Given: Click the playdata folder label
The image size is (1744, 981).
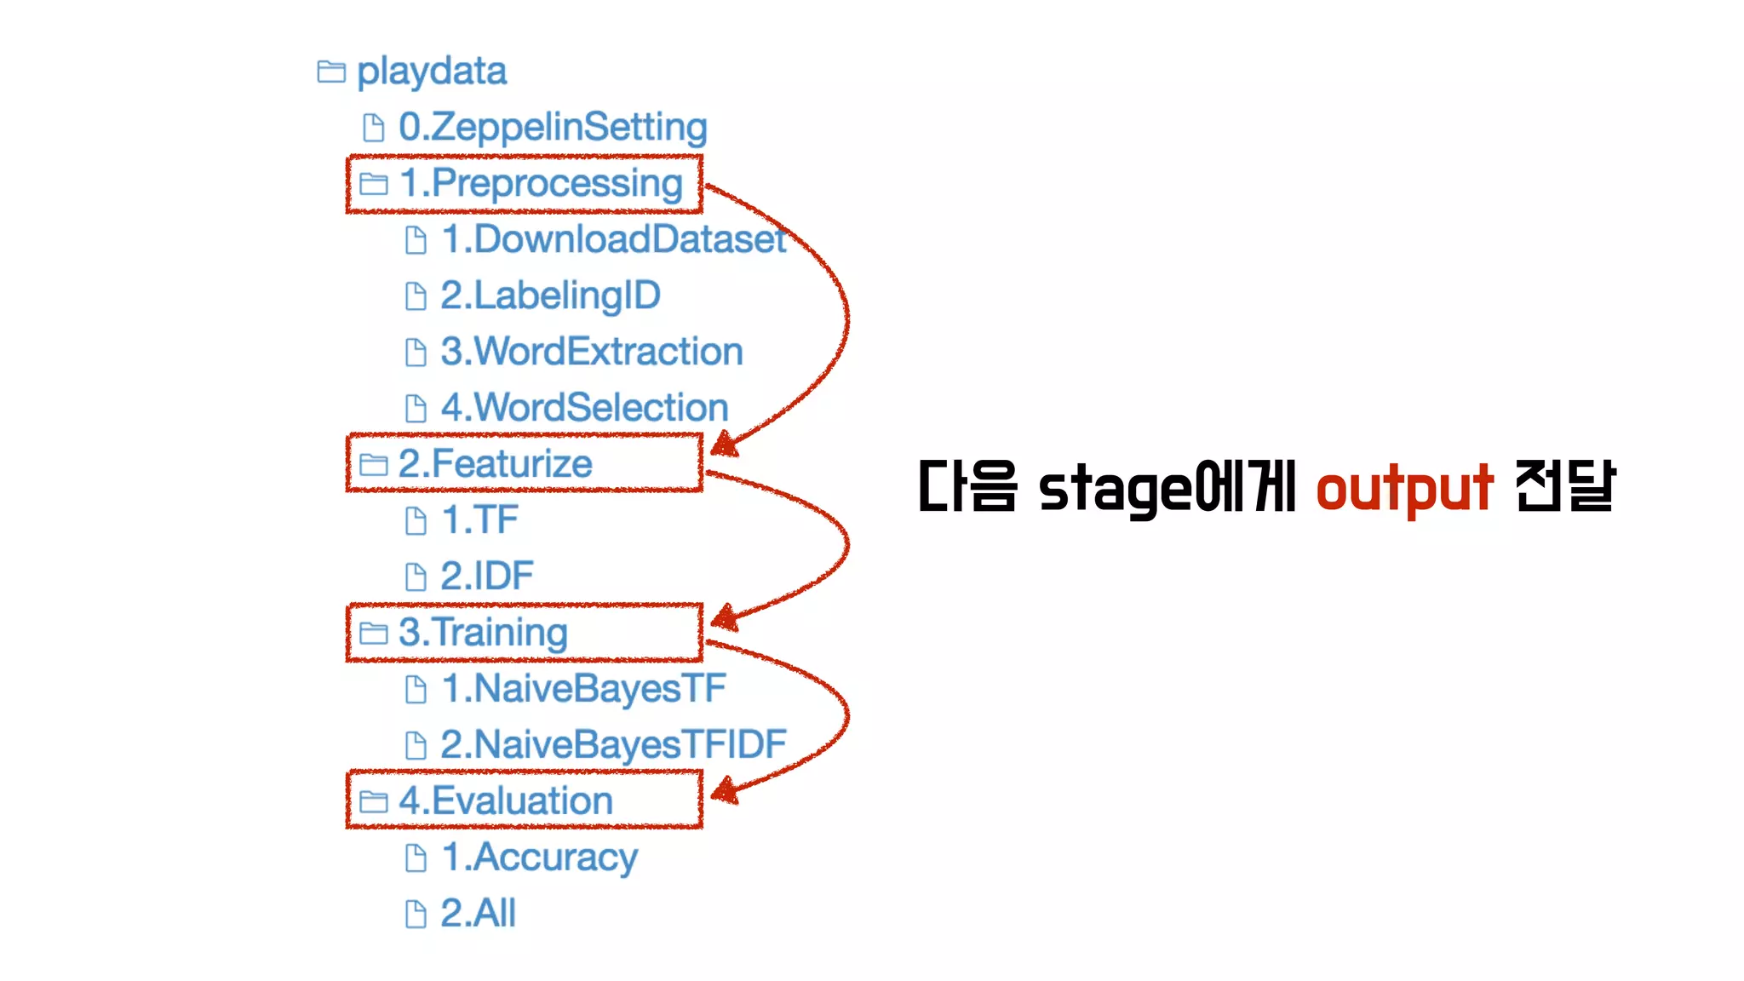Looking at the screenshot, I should [x=432, y=72].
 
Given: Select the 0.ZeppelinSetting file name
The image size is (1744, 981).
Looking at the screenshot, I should [x=553, y=128].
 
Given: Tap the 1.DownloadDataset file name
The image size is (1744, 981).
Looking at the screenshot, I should [x=613, y=239].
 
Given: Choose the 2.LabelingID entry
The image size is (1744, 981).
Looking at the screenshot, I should [x=550, y=295].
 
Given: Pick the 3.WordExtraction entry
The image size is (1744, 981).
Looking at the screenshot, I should [x=592, y=352].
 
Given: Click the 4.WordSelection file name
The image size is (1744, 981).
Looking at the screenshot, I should [x=584, y=408].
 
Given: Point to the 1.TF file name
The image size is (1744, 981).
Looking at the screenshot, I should [x=479, y=519].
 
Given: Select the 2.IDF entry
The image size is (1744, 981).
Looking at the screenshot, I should [x=487, y=576].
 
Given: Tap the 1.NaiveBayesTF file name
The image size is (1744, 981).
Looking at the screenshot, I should [x=583, y=688].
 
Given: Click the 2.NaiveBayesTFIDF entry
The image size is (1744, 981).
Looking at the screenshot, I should [x=613, y=744].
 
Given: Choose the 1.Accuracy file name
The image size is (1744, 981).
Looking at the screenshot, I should [x=539, y=857].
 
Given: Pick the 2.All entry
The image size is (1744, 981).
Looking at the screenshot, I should [x=478, y=913].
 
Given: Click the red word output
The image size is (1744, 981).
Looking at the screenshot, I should [x=1404, y=489].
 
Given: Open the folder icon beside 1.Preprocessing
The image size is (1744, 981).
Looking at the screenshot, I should [x=373, y=184].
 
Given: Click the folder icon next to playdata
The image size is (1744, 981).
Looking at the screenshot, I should [x=331, y=72].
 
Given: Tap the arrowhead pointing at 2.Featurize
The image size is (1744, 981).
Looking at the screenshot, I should [x=724, y=445].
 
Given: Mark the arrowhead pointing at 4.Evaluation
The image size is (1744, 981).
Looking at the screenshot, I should [x=724, y=792].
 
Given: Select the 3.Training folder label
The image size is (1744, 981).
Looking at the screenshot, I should [x=483, y=633].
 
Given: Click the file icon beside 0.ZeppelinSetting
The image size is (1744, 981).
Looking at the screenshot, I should [x=373, y=128].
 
